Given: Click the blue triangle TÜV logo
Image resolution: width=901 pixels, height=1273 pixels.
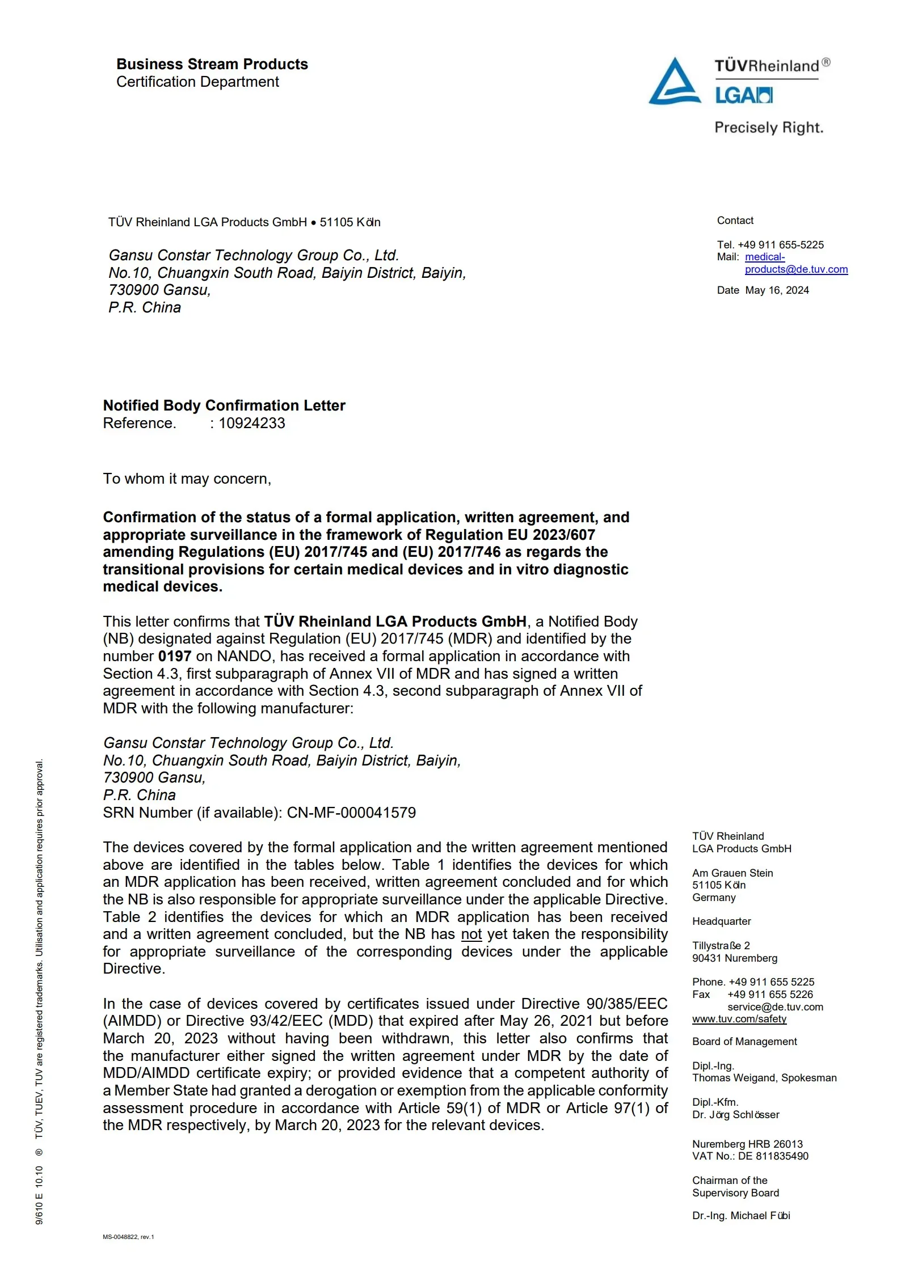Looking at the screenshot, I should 674,82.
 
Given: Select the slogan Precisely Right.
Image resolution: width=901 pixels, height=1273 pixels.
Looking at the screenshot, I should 768,128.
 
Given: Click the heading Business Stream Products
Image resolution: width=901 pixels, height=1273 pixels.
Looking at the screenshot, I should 212,64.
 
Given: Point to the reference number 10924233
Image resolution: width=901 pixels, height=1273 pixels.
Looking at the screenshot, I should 252,423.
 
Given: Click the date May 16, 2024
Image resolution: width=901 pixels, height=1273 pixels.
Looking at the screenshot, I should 777,290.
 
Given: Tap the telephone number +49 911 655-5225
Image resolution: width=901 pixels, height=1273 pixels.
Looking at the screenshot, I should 780,245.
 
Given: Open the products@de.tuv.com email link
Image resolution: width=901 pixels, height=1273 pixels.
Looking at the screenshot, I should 796,269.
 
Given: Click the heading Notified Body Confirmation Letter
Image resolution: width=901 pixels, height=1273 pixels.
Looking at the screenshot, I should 224,405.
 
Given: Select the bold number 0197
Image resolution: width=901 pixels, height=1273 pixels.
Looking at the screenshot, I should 175,656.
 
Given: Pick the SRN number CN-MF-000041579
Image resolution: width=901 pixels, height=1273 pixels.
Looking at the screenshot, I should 351,813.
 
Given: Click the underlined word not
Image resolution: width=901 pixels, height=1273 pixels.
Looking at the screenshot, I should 471,934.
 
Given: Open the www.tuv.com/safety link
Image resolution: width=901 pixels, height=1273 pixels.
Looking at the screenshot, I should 739,1018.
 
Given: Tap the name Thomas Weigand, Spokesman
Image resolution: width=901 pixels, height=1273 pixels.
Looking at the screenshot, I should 764,1077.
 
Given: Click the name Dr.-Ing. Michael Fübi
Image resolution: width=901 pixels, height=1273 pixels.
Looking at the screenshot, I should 741,1215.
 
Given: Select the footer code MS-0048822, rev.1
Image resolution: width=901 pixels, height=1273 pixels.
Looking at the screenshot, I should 128,1237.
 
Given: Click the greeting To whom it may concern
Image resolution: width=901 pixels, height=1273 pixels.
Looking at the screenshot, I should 187,479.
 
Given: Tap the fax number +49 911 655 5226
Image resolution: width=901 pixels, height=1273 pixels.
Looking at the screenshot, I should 770,994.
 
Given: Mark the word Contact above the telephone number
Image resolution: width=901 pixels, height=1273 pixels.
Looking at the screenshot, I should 735,221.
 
